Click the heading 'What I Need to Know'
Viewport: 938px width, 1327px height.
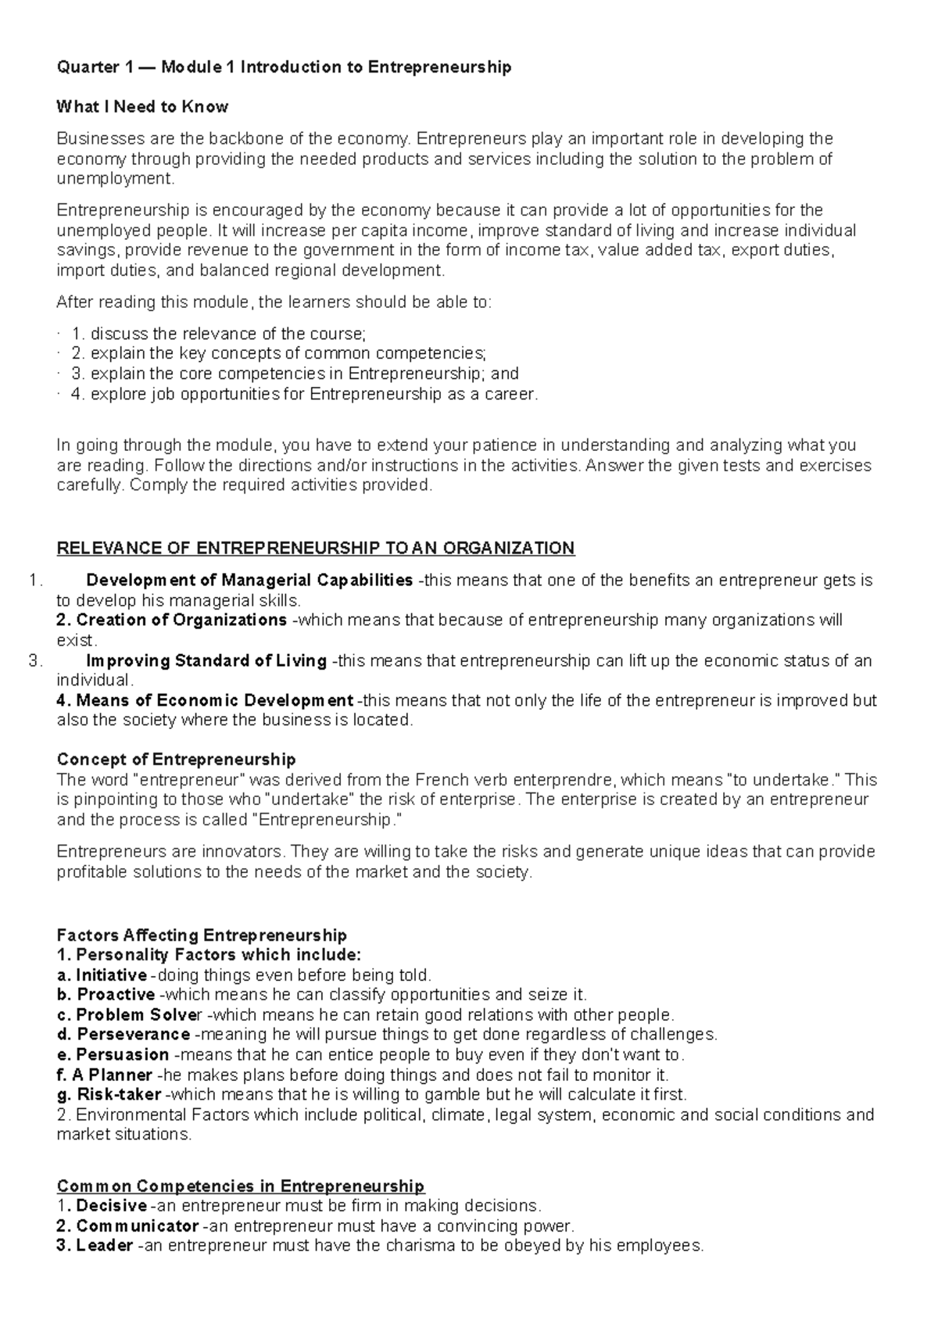[x=142, y=106]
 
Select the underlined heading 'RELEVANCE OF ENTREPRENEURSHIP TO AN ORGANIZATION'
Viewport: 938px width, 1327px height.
[x=316, y=548]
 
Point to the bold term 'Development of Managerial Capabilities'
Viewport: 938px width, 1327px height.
[x=249, y=581]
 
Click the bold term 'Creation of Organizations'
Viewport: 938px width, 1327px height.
[x=181, y=621]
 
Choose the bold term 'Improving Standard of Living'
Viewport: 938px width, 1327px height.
[x=206, y=661]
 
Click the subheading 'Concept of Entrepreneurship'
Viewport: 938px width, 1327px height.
[x=177, y=760]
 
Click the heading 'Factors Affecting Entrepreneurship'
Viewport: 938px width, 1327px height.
[x=202, y=935]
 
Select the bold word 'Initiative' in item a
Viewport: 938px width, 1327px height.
[x=111, y=975]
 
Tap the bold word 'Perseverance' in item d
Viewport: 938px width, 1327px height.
[x=133, y=1035]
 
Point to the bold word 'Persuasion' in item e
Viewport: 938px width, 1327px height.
[x=123, y=1054]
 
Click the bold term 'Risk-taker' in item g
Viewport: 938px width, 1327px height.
[x=119, y=1094]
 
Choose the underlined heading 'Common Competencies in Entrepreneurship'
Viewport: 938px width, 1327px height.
[x=241, y=1186]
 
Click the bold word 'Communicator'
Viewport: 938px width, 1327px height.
[x=137, y=1226]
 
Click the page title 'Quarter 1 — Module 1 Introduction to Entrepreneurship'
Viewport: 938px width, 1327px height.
[x=285, y=67]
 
